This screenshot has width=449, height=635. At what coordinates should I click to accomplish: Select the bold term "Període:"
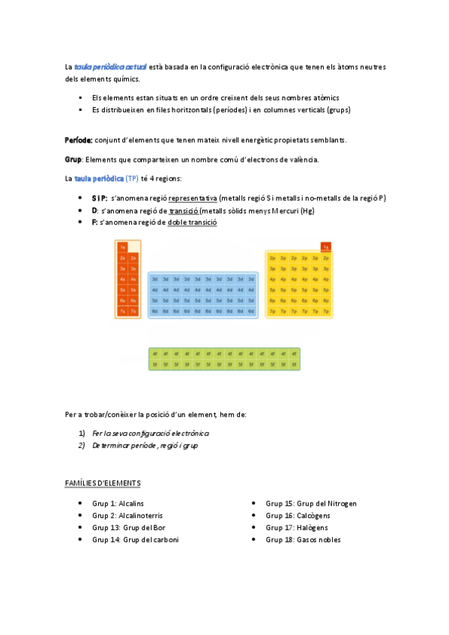79,140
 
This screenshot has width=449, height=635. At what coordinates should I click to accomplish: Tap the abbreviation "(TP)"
132,178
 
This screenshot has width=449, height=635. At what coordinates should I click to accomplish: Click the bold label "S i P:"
100,198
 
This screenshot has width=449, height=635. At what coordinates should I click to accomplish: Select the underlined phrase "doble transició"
193,222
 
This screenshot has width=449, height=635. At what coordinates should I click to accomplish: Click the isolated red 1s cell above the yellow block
325,246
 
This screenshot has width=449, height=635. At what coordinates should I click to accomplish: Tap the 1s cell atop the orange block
122,247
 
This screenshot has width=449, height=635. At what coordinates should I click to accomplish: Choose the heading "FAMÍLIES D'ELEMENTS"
103,483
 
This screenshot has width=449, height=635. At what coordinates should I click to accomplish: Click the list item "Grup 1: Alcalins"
118,503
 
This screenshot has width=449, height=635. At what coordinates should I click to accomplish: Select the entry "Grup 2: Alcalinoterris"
127,515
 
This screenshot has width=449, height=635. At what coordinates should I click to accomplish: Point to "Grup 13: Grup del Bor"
129,527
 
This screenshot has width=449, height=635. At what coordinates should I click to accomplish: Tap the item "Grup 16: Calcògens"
298,515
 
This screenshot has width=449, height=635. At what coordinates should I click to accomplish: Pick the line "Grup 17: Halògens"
297,527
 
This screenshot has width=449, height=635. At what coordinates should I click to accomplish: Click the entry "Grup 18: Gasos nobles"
303,539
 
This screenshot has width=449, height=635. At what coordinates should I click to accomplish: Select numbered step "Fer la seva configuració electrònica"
150,433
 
